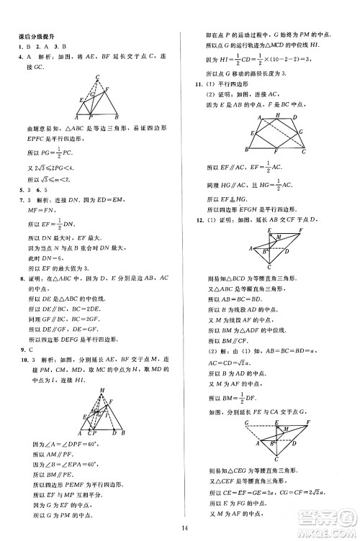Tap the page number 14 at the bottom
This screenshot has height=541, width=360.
tap(185, 529)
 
